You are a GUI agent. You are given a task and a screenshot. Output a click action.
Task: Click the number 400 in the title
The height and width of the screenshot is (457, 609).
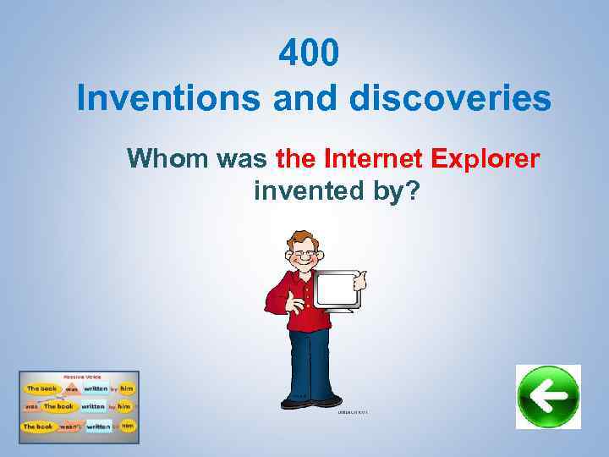(310, 54)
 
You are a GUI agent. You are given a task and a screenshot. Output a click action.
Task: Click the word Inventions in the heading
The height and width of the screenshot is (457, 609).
(167, 99)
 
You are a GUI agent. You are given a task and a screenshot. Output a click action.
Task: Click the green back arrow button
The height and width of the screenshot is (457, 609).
(548, 397)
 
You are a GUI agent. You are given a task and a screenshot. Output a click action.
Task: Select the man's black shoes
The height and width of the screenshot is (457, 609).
(326, 400)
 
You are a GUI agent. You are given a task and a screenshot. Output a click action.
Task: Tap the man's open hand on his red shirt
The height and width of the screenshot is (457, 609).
(297, 300)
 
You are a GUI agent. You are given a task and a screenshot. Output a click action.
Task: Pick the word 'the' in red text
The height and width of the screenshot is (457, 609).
(296, 158)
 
